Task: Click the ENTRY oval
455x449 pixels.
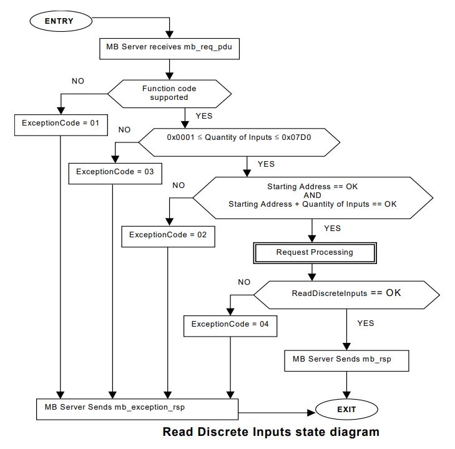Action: (59, 21)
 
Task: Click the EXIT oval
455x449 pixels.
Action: (346, 410)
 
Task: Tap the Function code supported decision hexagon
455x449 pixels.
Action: (169, 93)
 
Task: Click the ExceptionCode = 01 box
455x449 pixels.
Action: (61, 123)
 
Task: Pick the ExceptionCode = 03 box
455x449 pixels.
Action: (115, 172)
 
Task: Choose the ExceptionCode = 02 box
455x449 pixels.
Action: (168, 235)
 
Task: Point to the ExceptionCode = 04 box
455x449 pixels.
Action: (230, 324)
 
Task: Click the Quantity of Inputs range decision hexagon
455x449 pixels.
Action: (239, 143)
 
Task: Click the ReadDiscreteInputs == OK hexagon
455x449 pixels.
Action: (346, 293)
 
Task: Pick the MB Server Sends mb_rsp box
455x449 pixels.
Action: (346, 360)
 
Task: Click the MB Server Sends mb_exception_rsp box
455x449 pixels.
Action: (137, 407)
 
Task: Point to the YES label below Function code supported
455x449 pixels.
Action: (204, 116)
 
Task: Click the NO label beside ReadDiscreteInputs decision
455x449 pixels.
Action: (244, 282)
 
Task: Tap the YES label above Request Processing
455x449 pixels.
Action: (333, 228)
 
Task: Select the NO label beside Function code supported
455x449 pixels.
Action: (78, 81)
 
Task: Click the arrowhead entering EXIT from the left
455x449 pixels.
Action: (311, 412)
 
